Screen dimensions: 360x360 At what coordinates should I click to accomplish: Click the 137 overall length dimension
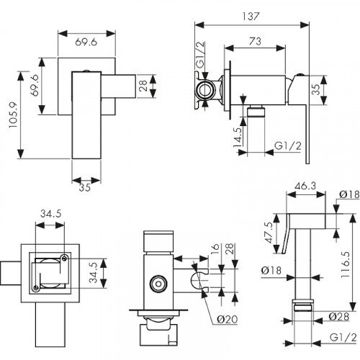[251, 17]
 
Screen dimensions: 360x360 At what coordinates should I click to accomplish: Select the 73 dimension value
[255, 41]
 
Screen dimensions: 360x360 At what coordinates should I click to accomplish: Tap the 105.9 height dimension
[13, 114]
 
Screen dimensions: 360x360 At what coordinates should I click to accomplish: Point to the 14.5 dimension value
[238, 138]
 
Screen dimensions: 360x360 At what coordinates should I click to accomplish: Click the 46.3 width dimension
[305, 186]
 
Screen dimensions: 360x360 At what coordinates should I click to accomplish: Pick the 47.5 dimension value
[269, 233]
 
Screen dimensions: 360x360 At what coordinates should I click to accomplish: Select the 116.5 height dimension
[346, 265]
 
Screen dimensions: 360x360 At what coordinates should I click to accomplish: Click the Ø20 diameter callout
[228, 319]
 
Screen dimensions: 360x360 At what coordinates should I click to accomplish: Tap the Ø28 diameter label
[338, 317]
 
